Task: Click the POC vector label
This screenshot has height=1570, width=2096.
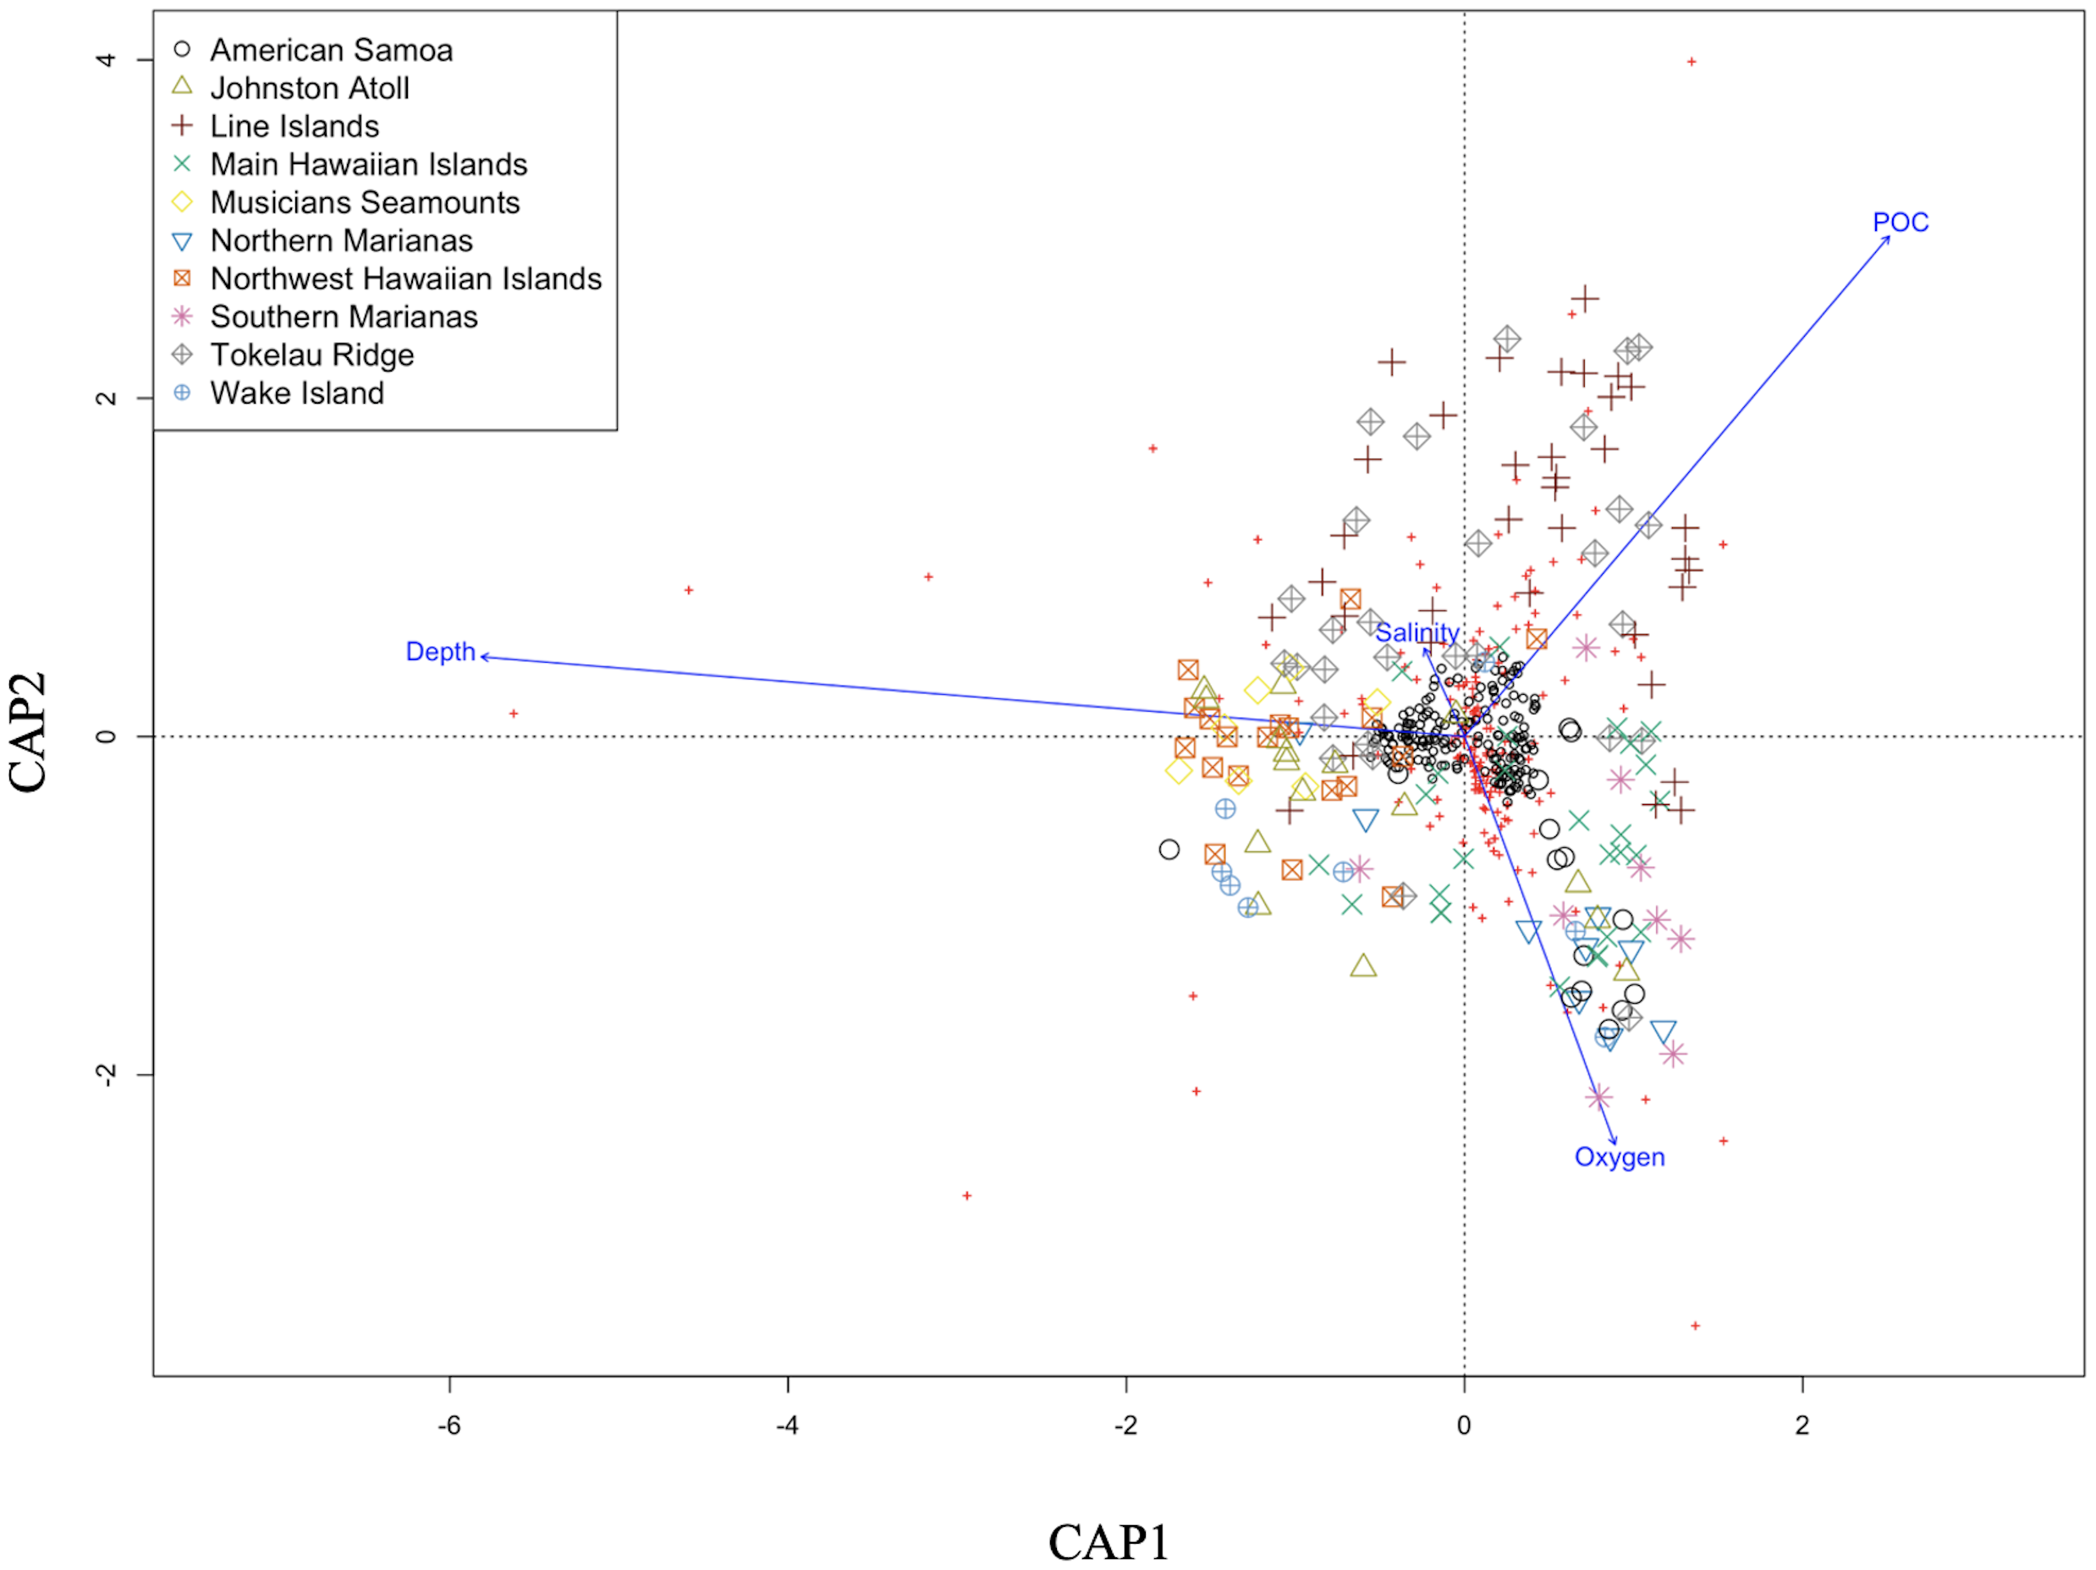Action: pyautogui.click(x=1900, y=222)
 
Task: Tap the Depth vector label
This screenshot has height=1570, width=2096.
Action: pyautogui.click(x=440, y=652)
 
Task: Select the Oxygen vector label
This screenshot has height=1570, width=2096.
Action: pyautogui.click(x=1620, y=1157)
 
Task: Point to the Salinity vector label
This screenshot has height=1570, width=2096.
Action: pyautogui.click(x=1417, y=632)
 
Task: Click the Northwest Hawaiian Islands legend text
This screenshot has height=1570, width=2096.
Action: pyautogui.click(x=405, y=278)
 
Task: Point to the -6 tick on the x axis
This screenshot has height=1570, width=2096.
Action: pyautogui.click(x=449, y=1425)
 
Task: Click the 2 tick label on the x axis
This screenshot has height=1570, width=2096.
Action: pyautogui.click(x=1802, y=1425)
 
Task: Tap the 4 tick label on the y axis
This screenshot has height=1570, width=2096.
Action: pyautogui.click(x=106, y=60)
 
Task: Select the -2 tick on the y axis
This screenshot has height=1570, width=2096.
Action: pyautogui.click(x=106, y=1075)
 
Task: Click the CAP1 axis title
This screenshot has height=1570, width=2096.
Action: pyautogui.click(x=1108, y=1541)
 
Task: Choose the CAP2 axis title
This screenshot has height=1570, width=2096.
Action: pyautogui.click(x=29, y=731)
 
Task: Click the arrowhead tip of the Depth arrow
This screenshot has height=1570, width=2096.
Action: pyautogui.click(x=482, y=656)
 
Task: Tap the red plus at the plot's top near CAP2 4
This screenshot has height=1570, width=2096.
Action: pyautogui.click(x=1692, y=63)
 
